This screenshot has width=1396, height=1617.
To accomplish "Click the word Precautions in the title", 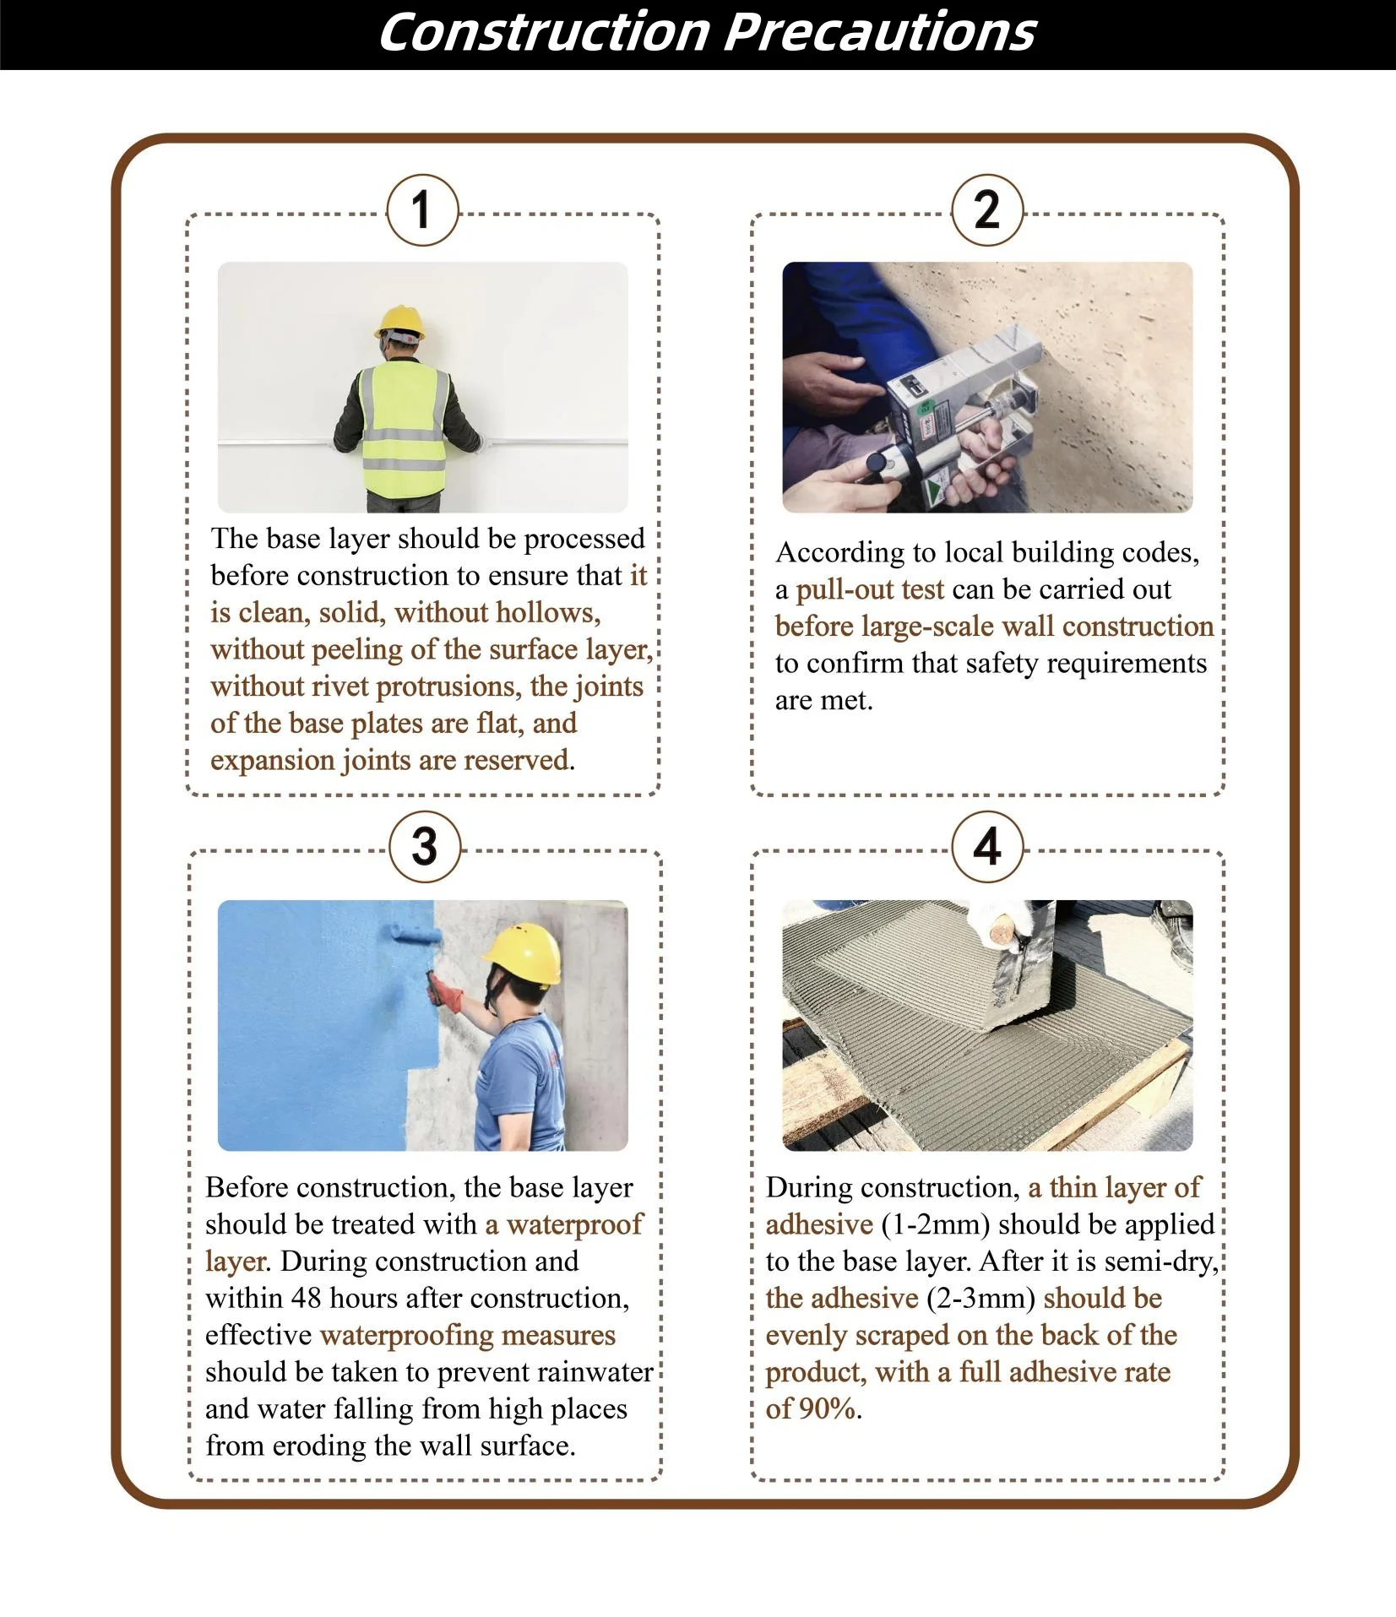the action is [x=879, y=33].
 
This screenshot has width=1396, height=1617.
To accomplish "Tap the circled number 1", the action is [x=422, y=210].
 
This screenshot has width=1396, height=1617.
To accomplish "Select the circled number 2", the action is [x=987, y=210].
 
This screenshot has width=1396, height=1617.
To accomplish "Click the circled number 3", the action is [x=426, y=847].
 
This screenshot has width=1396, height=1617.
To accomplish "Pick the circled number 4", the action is [x=987, y=847].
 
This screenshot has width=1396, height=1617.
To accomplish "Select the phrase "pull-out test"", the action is [x=870, y=589].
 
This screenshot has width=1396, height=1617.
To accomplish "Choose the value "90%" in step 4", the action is [x=828, y=1408].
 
